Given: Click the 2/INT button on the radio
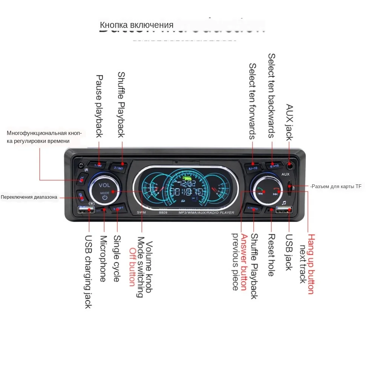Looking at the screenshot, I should click(118, 167).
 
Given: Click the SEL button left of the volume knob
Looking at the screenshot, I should click(82, 180).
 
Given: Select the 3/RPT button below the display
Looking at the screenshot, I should click(118, 208).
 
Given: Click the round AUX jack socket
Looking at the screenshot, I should click(290, 165).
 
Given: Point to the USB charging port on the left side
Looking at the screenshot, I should click(86, 210).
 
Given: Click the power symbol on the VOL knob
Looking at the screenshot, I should click(104, 197).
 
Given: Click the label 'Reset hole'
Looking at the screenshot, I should click(271, 255).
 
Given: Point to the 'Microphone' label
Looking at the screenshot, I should click(103, 259).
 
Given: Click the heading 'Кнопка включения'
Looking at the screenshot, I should click(136, 25).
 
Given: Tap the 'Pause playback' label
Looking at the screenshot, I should click(99, 106).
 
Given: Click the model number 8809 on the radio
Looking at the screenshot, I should click(163, 213).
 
